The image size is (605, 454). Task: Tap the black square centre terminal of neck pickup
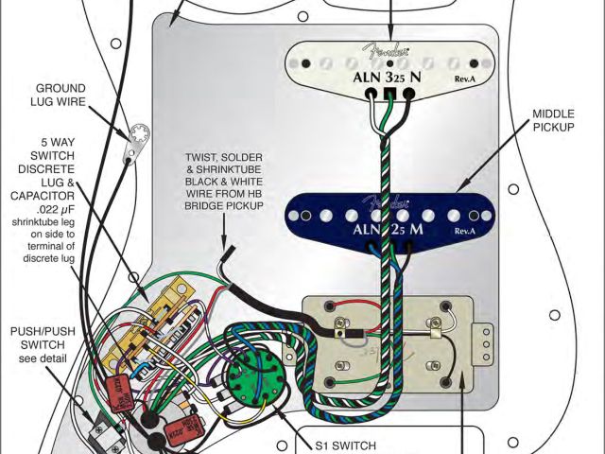click(388, 93)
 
